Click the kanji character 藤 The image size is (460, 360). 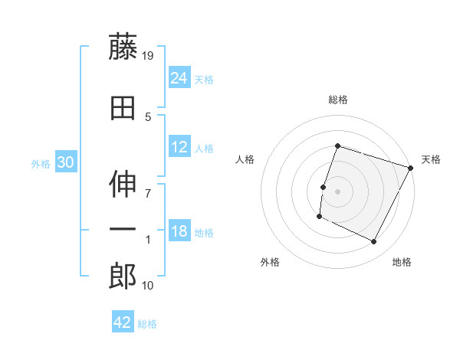(x=123, y=47)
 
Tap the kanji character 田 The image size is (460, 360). (x=123, y=109)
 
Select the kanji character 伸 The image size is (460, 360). (x=123, y=183)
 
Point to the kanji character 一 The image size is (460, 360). (x=123, y=231)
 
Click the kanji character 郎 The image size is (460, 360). (x=123, y=277)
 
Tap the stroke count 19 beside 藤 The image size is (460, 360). (x=149, y=56)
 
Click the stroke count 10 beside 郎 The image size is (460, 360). (x=149, y=286)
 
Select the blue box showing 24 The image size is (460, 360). (x=179, y=78)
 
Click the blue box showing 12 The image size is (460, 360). (x=179, y=147)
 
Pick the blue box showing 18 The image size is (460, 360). (x=179, y=231)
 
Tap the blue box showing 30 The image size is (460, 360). (x=65, y=162)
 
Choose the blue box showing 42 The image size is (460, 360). (x=123, y=322)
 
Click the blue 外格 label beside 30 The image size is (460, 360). (x=41, y=163)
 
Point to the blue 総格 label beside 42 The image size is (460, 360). (x=147, y=323)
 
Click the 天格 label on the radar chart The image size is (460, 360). (x=431, y=159)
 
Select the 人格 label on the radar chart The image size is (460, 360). (x=245, y=159)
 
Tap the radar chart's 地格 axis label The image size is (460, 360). (x=402, y=262)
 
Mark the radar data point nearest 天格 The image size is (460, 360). (x=412, y=168)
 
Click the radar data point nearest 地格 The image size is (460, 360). (x=374, y=242)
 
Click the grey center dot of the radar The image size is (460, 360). (x=337, y=191)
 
